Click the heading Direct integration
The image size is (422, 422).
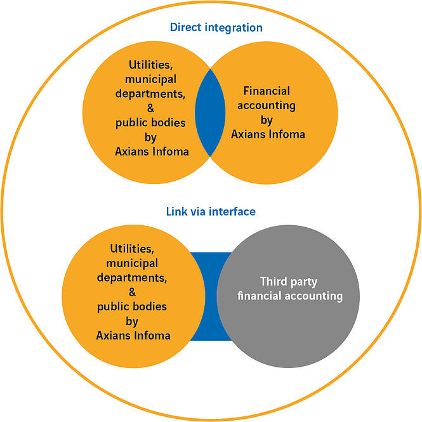click(216, 28)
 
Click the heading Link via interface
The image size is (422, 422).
click(210, 211)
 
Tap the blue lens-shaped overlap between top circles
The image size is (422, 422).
click(210, 121)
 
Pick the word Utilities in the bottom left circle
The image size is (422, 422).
click(132, 248)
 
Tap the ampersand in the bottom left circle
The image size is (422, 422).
click(132, 292)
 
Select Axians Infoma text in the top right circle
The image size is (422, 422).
click(268, 134)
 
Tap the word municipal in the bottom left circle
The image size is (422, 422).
click(132, 263)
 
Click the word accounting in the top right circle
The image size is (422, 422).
click(267, 105)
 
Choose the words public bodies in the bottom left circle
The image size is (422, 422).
click(132, 307)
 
